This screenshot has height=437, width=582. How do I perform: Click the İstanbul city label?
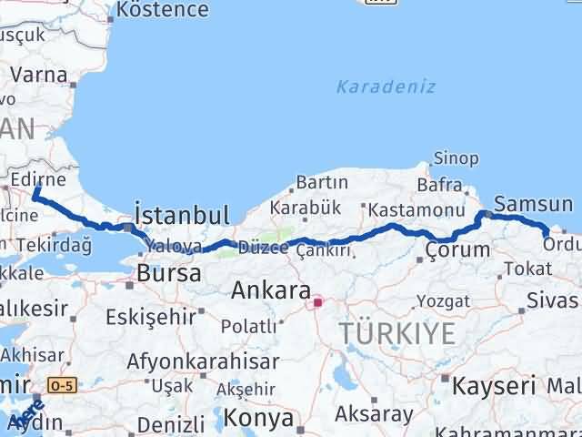pos(181,215)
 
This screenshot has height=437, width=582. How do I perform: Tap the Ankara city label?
pos(272,291)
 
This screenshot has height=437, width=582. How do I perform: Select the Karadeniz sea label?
pos(386,87)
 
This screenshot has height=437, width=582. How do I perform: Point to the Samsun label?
pos(534,205)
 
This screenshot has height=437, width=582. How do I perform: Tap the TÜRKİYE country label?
pos(397,333)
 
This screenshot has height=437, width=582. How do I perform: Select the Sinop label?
pos(457,158)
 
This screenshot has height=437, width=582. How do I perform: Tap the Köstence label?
pos(163,10)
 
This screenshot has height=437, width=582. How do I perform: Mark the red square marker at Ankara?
pos(317,303)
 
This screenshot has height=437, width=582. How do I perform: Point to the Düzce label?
pos(263,248)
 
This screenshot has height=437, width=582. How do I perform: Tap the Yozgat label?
pos(445,300)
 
